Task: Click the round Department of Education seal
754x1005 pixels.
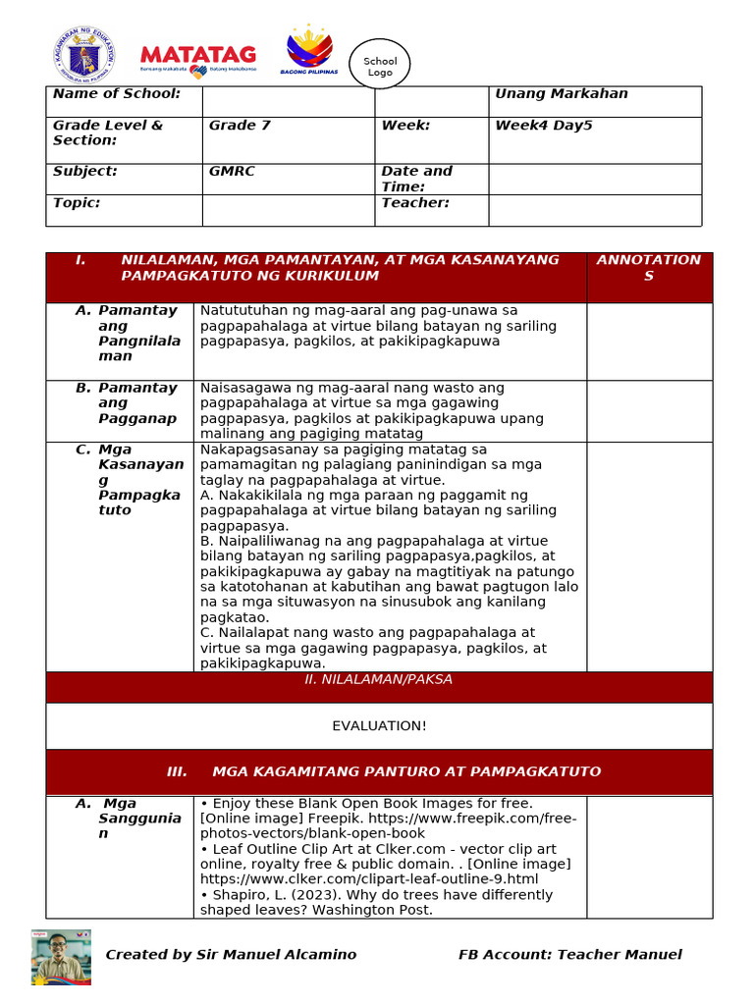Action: pos(82,54)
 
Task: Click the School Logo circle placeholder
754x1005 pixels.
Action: pos(380,66)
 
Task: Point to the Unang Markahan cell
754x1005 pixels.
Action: pos(561,94)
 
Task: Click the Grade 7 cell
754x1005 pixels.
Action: pos(239,126)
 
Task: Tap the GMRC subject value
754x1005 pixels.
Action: pos(232,171)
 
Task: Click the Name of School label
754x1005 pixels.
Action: pos(116,94)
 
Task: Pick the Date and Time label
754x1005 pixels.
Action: pos(416,179)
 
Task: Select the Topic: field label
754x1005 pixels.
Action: pos(77,203)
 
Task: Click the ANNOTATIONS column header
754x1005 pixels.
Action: pos(648,268)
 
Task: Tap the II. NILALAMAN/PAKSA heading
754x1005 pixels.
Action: pos(378,679)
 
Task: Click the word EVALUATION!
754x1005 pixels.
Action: pos(378,725)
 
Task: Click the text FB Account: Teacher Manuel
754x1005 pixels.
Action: pos(569,955)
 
